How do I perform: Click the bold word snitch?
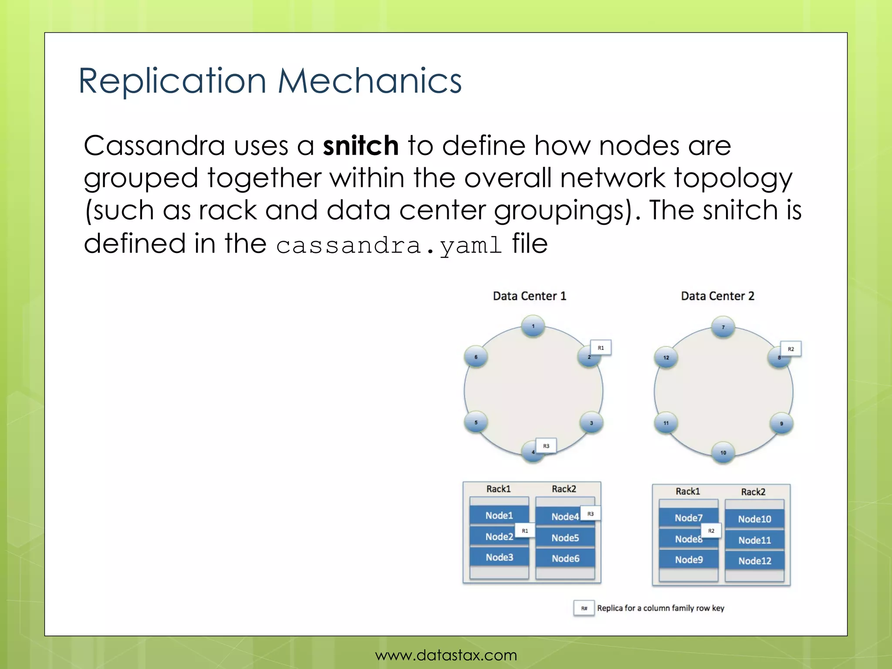click(x=361, y=145)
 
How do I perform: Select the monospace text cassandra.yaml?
click(x=389, y=245)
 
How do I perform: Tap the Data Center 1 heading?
click(x=529, y=296)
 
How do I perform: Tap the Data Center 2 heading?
click(x=717, y=296)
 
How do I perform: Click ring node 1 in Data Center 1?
click(x=533, y=326)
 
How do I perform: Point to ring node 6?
click(x=476, y=357)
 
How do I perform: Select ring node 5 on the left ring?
click(x=476, y=422)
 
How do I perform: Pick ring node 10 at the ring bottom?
click(x=723, y=453)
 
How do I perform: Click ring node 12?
click(x=666, y=358)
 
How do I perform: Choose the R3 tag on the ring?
click(x=546, y=446)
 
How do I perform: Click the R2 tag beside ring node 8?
click(x=791, y=349)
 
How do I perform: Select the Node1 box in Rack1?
click(x=499, y=516)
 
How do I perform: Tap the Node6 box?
click(x=565, y=558)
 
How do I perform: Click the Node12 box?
click(x=754, y=561)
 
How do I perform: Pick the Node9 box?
click(x=689, y=560)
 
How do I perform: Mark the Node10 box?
click(x=754, y=519)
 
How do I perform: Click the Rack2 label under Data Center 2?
click(x=753, y=492)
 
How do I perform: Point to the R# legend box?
click(x=584, y=608)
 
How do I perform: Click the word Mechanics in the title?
click(x=369, y=81)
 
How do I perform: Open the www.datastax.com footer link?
click(x=446, y=655)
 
